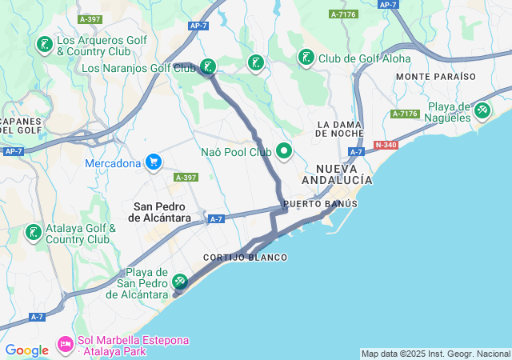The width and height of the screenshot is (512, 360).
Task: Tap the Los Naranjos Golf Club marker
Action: [208, 67]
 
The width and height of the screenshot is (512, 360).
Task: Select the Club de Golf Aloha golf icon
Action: [306, 58]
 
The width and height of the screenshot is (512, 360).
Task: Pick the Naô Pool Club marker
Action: [284, 150]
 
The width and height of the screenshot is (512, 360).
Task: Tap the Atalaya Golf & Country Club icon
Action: [33, 233]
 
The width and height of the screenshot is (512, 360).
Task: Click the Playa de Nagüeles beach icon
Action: [482, 111]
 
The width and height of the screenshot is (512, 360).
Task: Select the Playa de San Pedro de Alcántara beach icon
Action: [180, 282]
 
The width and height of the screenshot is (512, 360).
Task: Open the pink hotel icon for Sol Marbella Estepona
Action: [65, 346]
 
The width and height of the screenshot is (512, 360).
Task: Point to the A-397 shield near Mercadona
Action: [185, 178]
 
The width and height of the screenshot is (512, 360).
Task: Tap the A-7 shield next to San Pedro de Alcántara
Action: [215, 218]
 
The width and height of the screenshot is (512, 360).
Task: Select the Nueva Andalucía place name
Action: [344, 174]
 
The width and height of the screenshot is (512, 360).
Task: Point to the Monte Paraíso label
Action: [435, 76]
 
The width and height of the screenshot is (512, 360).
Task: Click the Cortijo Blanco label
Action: [245, 258]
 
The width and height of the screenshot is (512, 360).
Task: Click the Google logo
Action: [26, 350]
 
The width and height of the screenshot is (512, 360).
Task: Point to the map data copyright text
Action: [434, 354]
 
